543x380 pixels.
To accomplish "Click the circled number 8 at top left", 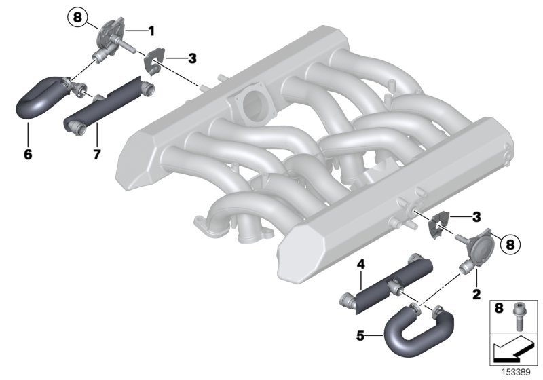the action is tap(77, 17).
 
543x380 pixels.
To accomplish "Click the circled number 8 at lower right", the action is tap(510, 244).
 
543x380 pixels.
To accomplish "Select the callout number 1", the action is tap(151, 31).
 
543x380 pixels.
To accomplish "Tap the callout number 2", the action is tap(476, 294).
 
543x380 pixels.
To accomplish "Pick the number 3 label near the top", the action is tap(192, 58).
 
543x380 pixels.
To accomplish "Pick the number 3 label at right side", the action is tap(476, 217).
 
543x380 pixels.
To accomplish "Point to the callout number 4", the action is tap(361, 265).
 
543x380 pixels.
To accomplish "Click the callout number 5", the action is tap(360, 335).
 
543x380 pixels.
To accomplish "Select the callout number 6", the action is tap(28, 154).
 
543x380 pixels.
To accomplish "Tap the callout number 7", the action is tap(96, 154).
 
